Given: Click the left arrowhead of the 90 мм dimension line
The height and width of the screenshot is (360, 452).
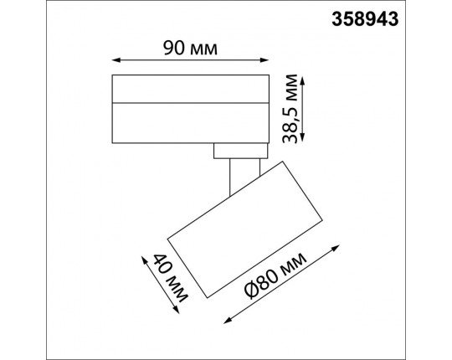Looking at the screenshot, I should (x=114, y=59).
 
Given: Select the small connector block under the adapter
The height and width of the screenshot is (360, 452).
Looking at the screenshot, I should (x=240, y=150).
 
